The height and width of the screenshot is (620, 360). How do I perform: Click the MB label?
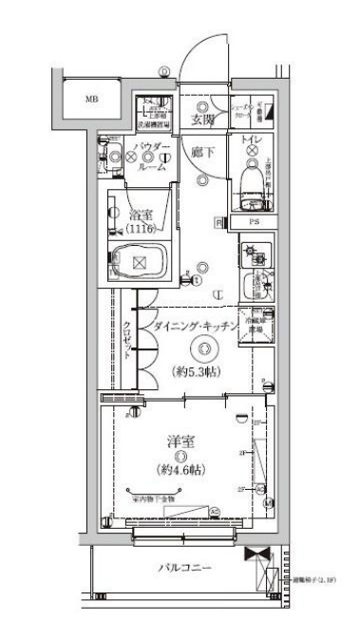(x=92, y=99)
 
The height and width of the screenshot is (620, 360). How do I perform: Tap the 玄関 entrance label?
(x=200, y=121)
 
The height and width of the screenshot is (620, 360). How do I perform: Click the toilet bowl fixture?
(x=253, y=179)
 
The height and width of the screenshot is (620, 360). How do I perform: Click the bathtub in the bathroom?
(x=141, y=262)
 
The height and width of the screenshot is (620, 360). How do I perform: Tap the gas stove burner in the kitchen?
(x=255, y=254)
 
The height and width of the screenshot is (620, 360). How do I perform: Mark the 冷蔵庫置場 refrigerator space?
(x=254, y=325)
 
